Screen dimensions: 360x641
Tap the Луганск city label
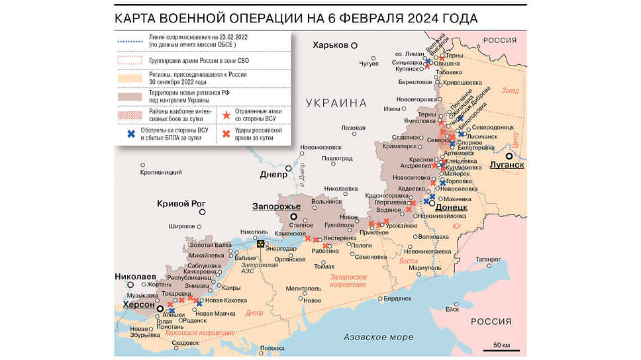click(507, 165)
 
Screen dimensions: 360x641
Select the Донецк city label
click(451, 207)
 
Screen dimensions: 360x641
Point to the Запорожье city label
click(274, 206)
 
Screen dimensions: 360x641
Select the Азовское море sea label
click(378, 337)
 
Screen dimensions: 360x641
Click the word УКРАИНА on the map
click(336, 103)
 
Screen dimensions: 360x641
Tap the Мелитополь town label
click(304, 289)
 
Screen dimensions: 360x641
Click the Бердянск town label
click(397, 298)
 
